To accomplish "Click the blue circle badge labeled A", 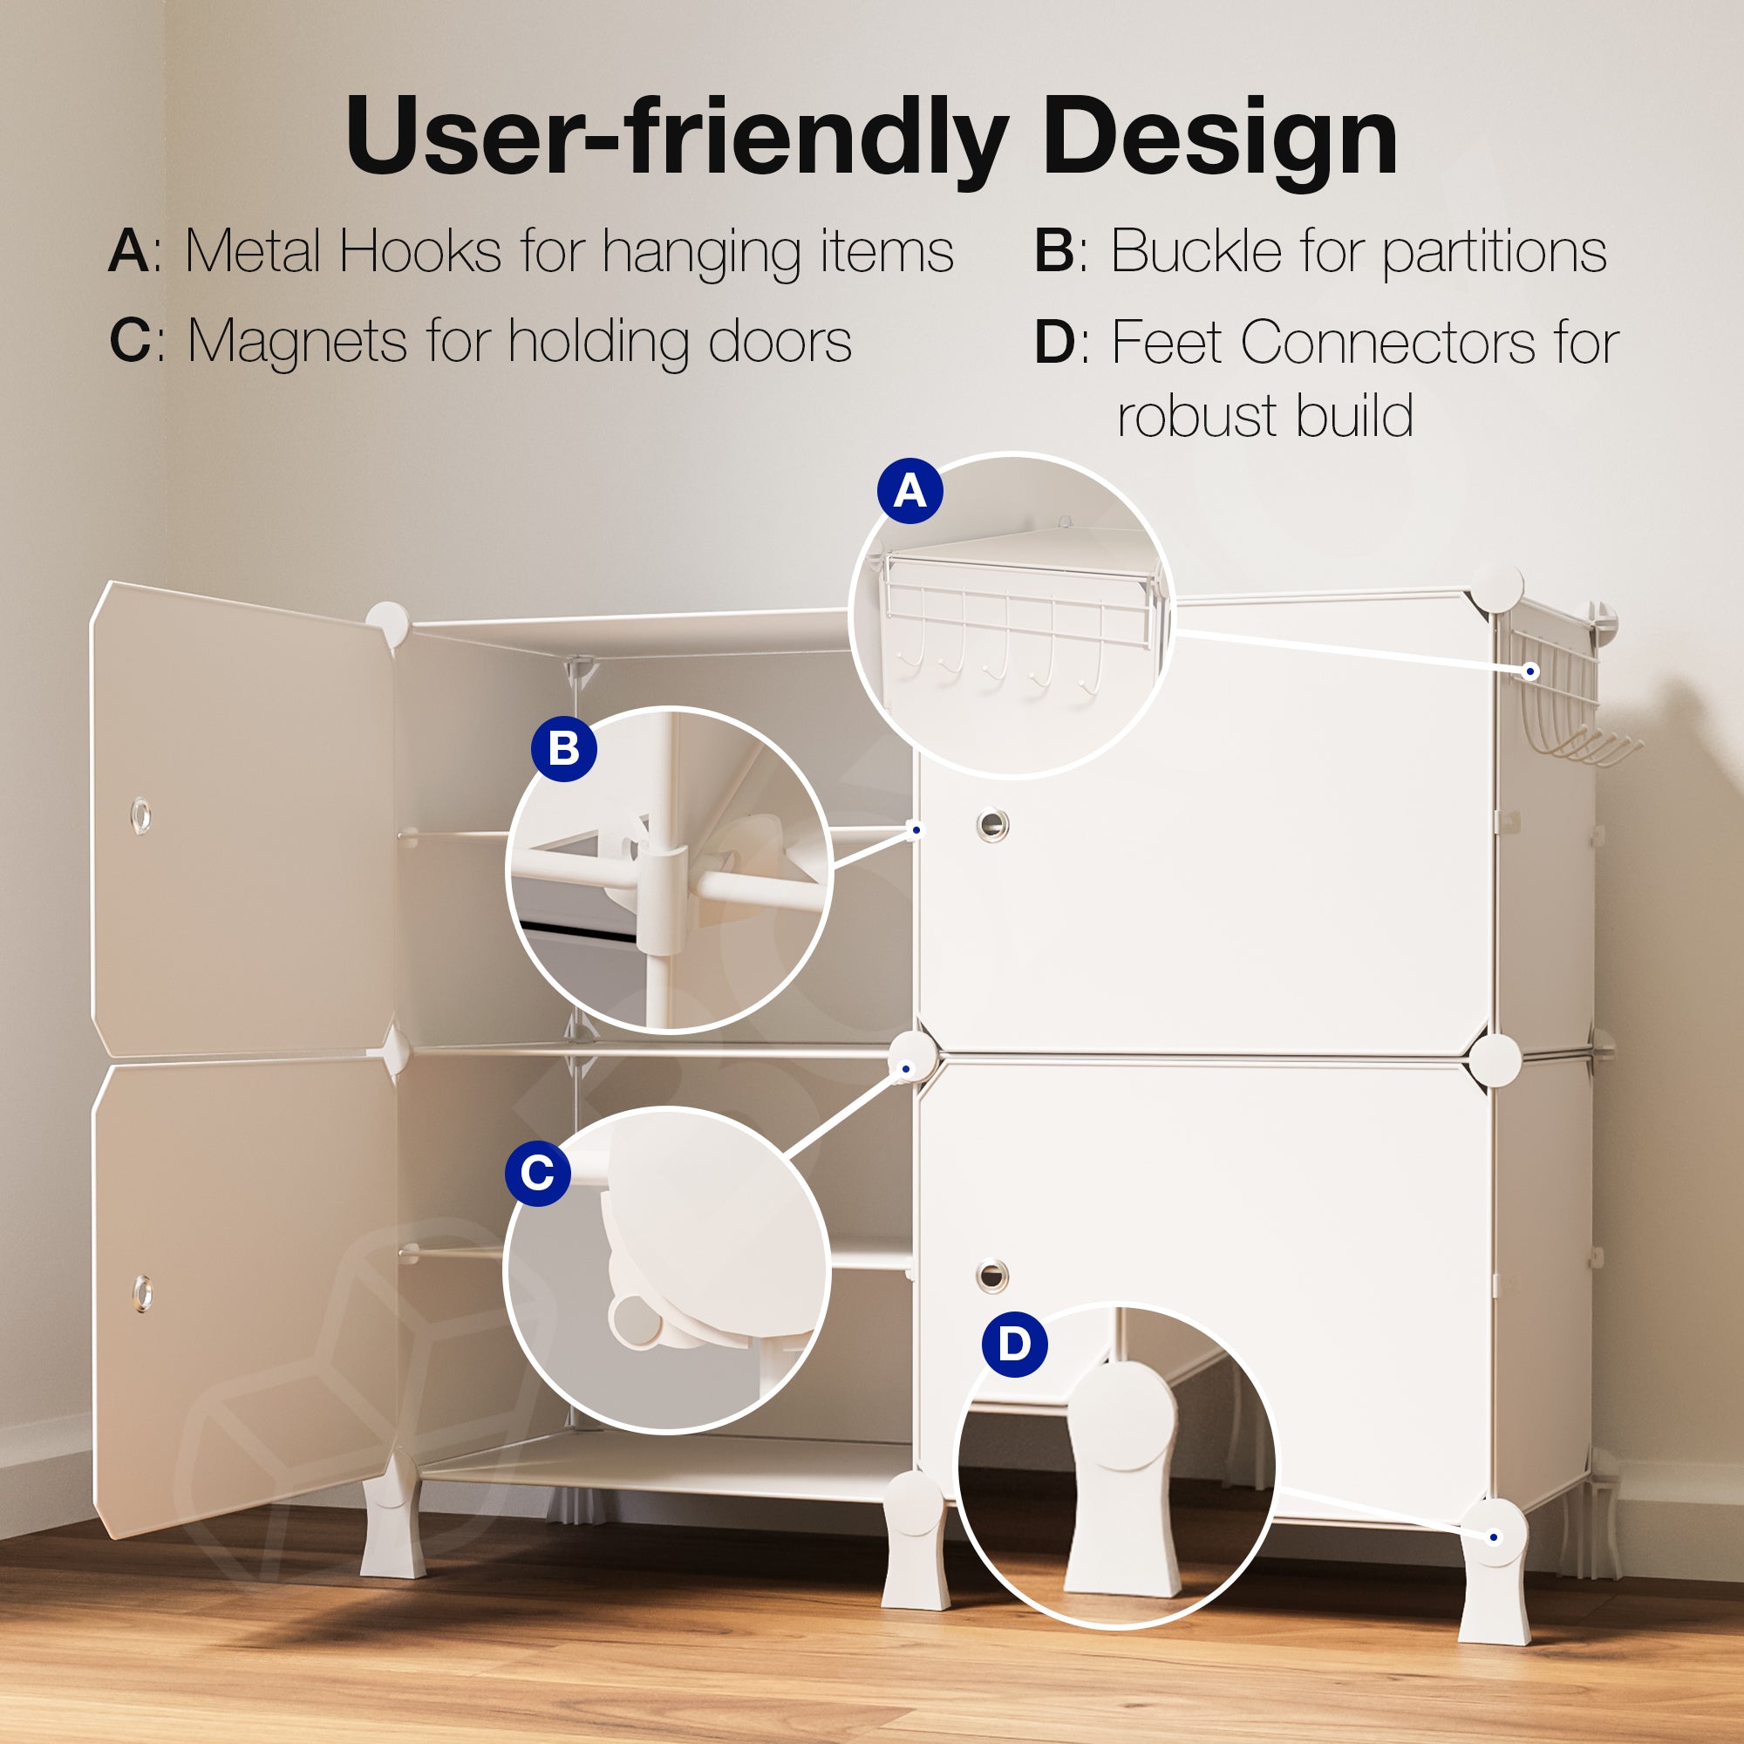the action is (909, 491).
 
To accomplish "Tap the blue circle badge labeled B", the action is (564, 748).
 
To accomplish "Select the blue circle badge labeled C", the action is (538, 1173).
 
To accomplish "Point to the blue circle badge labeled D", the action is (1015, 1344).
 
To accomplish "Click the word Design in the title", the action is (1221, 137).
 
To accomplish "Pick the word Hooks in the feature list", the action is (420, 250).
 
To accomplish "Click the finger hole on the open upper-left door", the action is (140, 815).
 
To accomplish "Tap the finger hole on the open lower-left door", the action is (142, 1292).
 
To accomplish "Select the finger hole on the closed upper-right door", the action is (992, 824).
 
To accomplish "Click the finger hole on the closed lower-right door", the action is (991, 1275).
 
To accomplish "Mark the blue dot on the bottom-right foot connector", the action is (1494, 1537).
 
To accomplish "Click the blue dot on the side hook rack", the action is (1530, 671).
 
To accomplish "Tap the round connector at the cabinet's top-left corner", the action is (387, 623).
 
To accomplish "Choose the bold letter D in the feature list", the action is (1055, 342).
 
